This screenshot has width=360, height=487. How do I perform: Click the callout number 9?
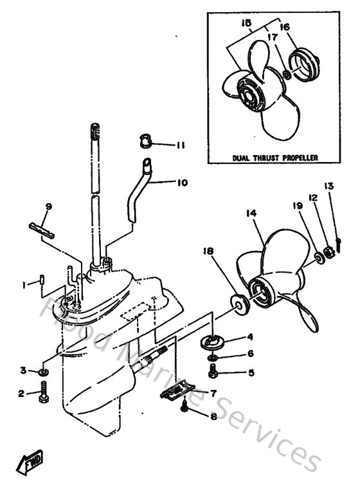click(x=48, y=207)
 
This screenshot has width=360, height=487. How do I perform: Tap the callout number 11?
click(x=181, y=145)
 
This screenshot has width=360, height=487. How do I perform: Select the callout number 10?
click(x=182, y=183)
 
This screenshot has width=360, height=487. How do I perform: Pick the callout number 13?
click(x=329, y=187)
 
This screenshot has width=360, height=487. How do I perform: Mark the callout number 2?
click(x=21, y=394)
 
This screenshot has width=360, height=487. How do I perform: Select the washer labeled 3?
click(x=42, y=371)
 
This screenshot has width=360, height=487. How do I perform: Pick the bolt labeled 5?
click(x=213, y=371)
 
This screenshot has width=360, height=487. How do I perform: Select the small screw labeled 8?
click(x=185, y=405)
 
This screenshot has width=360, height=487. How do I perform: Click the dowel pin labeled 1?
click(x=42, y=280)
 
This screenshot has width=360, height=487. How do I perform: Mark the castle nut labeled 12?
click(x=327, y=250)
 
